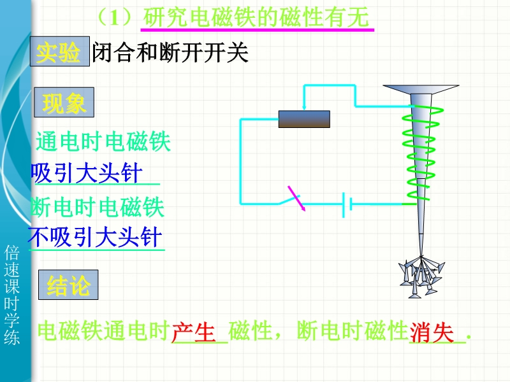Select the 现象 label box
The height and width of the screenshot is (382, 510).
(x=64, y=103)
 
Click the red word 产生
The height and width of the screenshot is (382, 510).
(x=194, y=331)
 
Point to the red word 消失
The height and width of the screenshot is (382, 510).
(x=432, y=331)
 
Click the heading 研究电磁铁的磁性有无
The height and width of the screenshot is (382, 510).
(x=256, y=17)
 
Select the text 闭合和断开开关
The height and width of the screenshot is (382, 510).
(x=170, y=53)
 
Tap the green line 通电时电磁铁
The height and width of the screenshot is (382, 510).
(x=103, y=141)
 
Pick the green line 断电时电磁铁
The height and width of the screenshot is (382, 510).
(x=98, y=208)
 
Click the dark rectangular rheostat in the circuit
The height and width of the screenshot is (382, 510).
(x=304, y=119)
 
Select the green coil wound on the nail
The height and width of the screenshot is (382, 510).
(x=421, y=153)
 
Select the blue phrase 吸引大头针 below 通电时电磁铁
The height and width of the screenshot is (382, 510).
(x=87, y=174)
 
